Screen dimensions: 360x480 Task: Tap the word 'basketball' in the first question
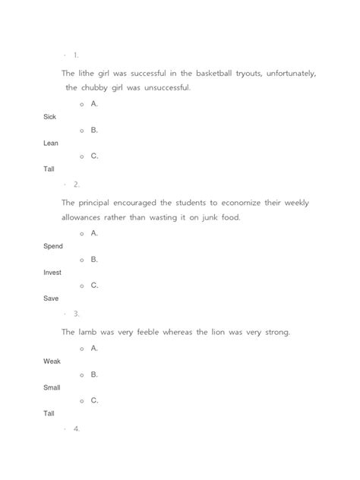(216, 74)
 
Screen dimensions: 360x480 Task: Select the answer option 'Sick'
(49, 117)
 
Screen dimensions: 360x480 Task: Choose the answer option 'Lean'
(51, 143)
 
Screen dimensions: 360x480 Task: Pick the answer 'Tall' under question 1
(49, 169)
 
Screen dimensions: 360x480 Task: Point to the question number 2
(76, 184)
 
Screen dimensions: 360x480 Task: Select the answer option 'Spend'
(53, 247)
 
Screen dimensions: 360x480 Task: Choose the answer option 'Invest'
(53, 273)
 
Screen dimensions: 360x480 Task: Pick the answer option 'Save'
(51, 298)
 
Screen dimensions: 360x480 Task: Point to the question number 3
(77, 313)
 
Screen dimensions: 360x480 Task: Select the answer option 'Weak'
(52, 362)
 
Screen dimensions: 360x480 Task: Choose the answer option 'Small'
(52, 387)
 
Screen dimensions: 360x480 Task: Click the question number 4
(77, 429)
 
